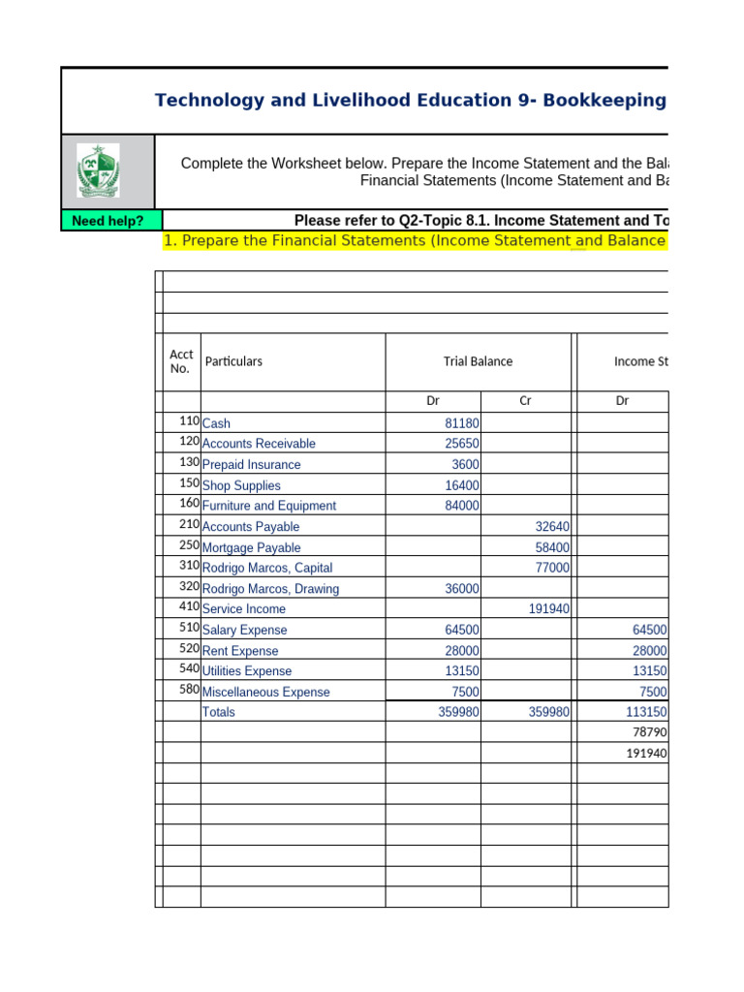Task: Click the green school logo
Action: click(x=98, y=170)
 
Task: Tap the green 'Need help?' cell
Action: click(x=108, y=221)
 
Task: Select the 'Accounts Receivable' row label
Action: click(x=259, y=444)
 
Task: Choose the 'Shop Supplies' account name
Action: click(x=241, y=485)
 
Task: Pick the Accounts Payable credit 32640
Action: click(x=552, y=527)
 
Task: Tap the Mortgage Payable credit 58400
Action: click(x=552, y=547)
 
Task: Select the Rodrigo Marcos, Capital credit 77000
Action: click(x=552, y=569)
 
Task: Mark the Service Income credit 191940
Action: click(x=548, y=609)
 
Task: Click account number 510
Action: click(x=189, y=629)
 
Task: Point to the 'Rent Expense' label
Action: click(x=240, y=651)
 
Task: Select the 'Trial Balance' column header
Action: click(x=478, y=361)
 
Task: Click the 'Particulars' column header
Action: click(x=233, y=361)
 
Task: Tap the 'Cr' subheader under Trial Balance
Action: click(x=525, y=400)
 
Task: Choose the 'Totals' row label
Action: click(x=218, y=712)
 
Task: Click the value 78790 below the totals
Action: click(x=650, y=732)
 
